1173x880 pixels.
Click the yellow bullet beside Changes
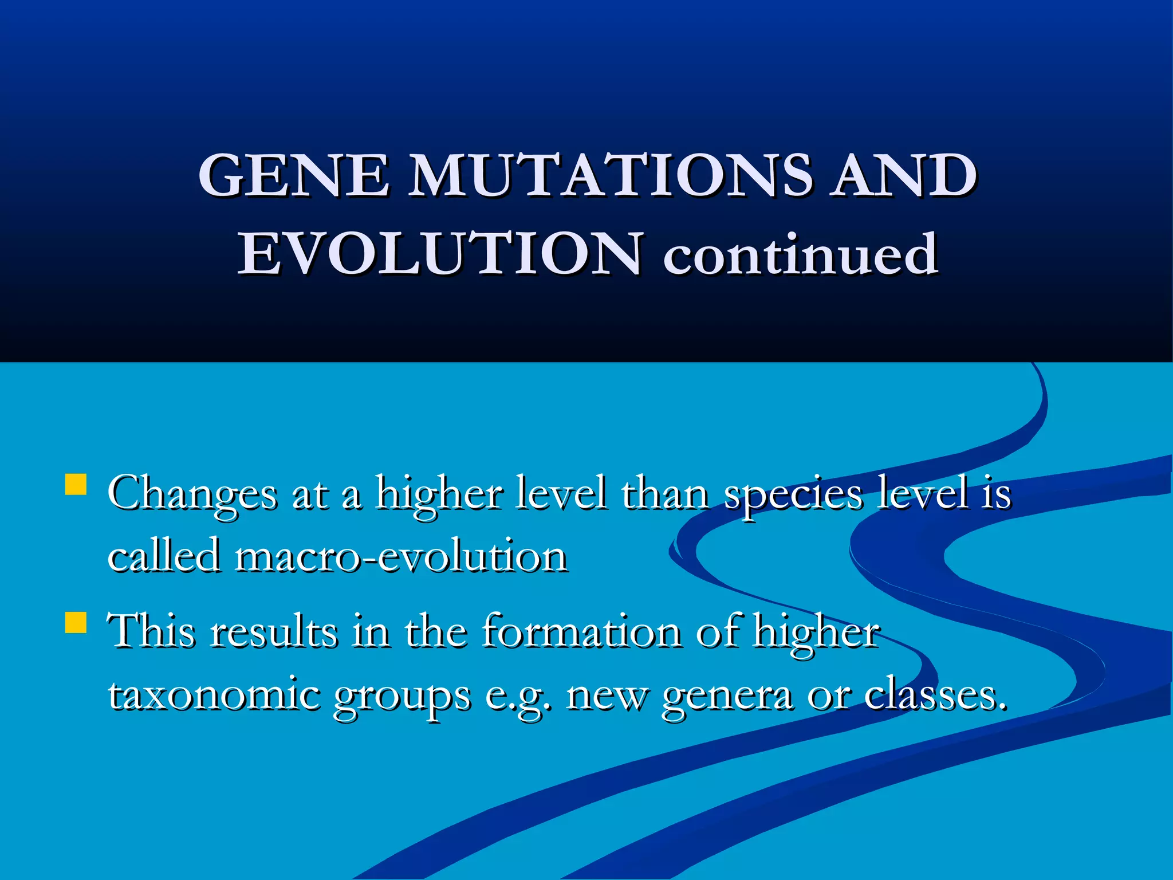coord(76,484)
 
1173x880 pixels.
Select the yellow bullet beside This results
coord(76,622)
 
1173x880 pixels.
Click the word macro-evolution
coord(401,556)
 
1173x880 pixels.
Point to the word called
coord(164,556)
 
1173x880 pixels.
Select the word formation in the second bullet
coord(581,632)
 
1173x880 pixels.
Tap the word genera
coord(727,696)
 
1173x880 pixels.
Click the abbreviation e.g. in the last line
coord(518,696)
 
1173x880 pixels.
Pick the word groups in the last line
coord(402,696)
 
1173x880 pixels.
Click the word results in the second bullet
coord(274,632)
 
